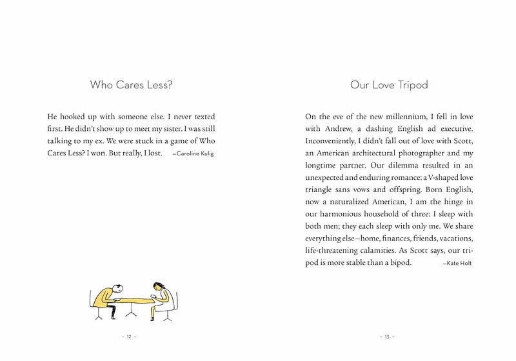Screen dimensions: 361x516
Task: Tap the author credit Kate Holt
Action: coord(457,264)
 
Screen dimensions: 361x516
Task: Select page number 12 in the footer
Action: coord(129,337)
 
